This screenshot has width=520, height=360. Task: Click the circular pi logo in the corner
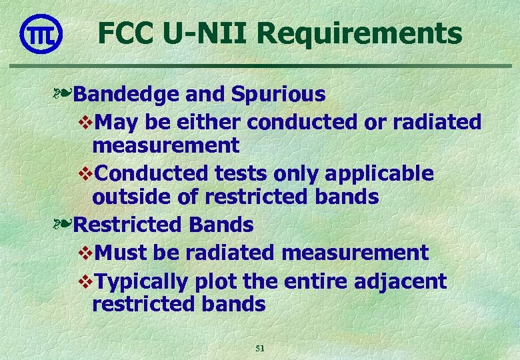tap(41, 34)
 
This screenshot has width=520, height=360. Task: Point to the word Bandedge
tap(125, 95)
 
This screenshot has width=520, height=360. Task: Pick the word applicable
tap(381, 174)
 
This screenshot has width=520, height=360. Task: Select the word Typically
tap(142, 282)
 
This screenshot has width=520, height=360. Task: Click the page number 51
tap(260, 348)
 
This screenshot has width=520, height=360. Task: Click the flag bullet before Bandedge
tap(65, 95)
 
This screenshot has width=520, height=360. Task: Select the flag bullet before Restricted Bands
tap(65, 225)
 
